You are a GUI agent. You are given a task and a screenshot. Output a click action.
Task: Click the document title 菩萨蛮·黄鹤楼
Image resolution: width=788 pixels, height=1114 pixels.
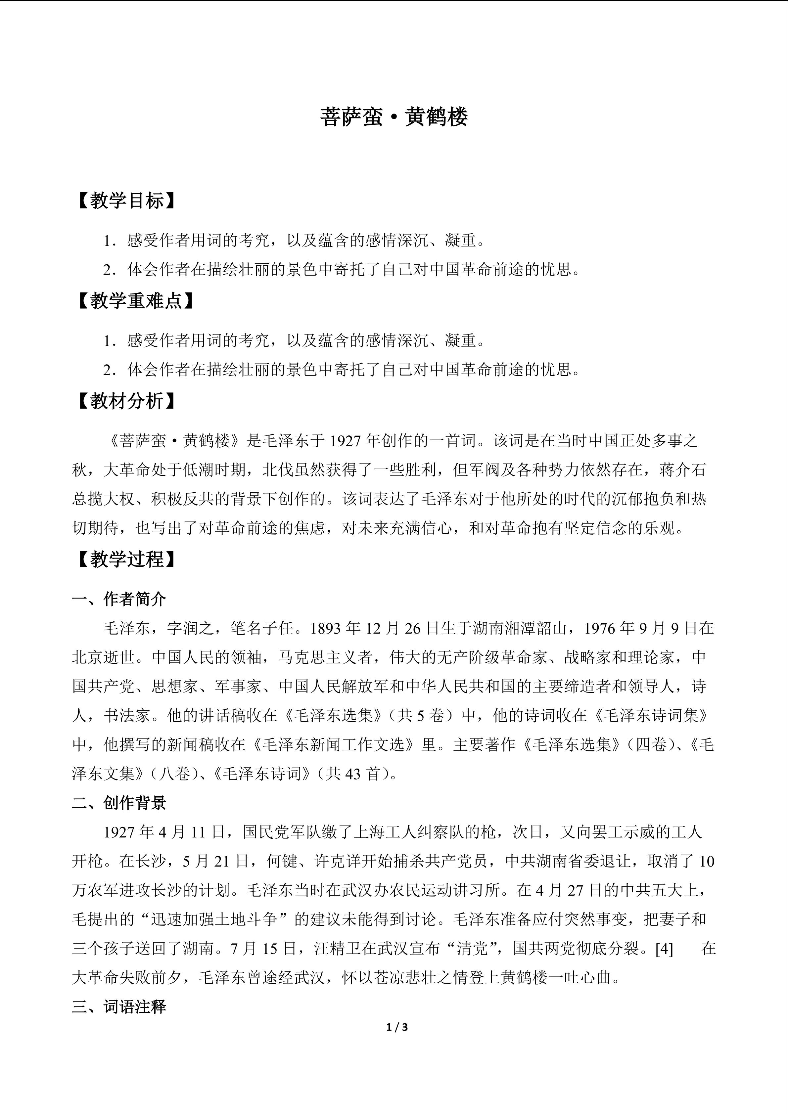(394, 117)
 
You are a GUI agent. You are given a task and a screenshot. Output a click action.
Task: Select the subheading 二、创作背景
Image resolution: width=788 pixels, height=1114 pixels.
(119, 803)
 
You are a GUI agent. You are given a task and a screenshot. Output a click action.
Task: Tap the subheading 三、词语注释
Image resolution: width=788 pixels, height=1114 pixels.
(119, 1007)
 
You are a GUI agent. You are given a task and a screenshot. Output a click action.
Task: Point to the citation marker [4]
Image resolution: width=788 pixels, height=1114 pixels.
(664, 949)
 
